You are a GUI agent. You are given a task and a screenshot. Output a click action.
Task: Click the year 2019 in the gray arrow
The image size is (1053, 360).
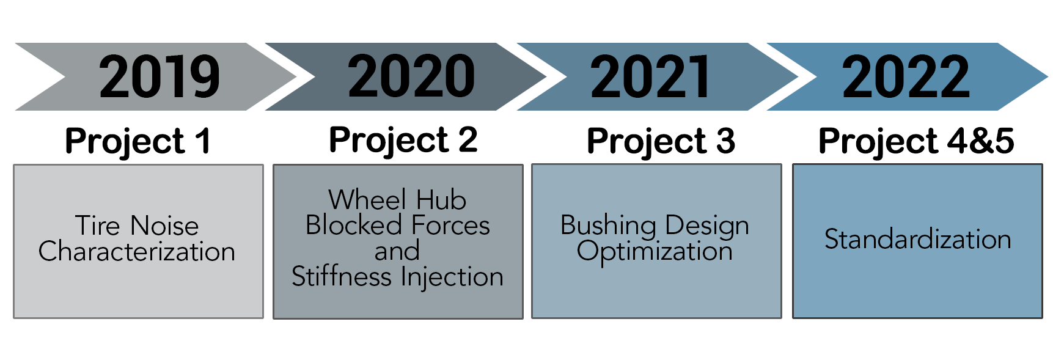tap(160, 76)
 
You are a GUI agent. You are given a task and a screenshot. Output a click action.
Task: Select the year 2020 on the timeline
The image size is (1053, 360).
tap(411, 76)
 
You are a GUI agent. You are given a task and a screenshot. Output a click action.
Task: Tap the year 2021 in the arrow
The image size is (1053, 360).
tap(650, 76)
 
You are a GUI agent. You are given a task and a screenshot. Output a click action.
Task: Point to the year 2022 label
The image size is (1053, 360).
tap(906, 76)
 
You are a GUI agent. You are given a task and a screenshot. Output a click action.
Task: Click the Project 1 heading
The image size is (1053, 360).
tap(138, 142)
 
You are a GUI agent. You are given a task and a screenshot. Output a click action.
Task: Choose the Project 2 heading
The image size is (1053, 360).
tap(403, 141)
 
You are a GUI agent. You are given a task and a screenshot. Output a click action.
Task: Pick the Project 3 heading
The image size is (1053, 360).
tap(661, 142)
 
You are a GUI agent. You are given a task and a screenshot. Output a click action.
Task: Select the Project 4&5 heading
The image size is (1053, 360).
tap(917, 142)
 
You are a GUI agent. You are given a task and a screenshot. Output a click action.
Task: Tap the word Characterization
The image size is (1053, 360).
tap(137, 251)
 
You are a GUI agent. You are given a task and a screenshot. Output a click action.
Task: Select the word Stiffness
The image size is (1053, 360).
tap(342, 277)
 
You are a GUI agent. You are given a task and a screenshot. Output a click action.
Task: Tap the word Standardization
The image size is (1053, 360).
tap(918, 239)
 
